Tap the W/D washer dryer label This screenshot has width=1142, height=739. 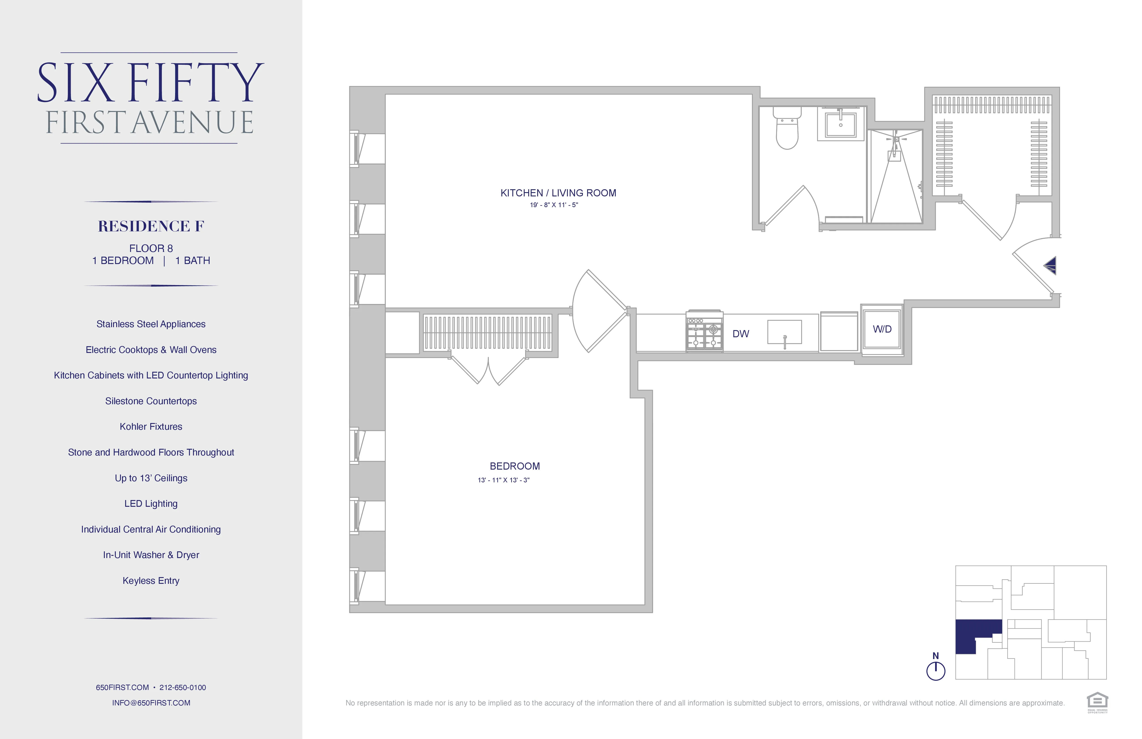tap(882, 329)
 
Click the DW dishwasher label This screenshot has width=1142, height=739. tap(740, 334)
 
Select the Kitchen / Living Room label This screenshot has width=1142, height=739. tap(558, 193)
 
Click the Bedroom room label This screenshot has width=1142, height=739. tap(514, 466)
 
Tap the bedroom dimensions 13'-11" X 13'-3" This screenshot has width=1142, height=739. tap(503, 480)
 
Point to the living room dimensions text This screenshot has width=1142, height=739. tap(554, 205)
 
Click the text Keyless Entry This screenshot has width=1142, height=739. tap(151, 581)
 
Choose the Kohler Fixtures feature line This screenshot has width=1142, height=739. tap(151, 427)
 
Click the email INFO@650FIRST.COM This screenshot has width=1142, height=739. tap(151, 703)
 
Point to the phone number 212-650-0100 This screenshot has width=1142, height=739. tap(183, 688)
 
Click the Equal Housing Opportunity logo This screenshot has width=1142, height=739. tap(1097, 702)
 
